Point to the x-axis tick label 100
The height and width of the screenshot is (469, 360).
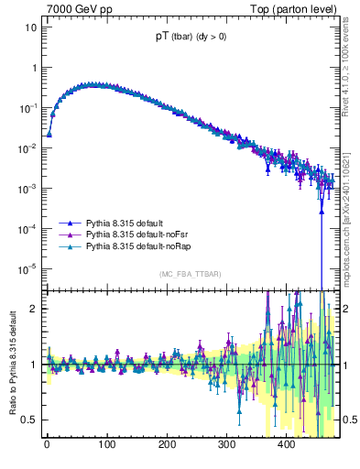point(106,445)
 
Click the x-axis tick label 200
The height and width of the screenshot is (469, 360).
point(166,445)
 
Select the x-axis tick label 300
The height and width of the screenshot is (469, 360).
point(226,445)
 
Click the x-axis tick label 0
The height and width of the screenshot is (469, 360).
point(47,445)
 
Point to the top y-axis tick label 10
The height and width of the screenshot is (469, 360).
point(30,27)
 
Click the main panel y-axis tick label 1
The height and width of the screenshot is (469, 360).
point(33,68)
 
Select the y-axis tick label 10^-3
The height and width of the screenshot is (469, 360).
point(27,188)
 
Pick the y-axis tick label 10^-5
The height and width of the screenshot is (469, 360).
point(27,268)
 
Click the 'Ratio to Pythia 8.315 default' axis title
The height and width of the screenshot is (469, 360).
point(10,364)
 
